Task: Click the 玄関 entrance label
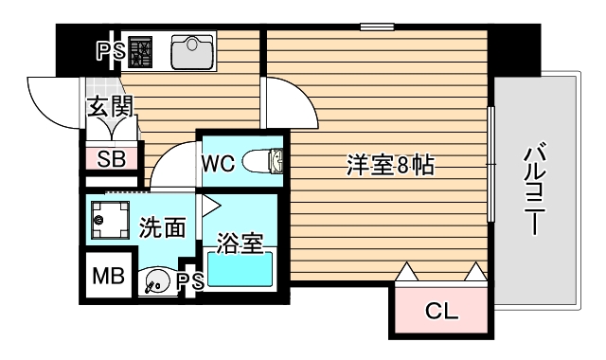click(110, 106)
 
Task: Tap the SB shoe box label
click(112, 158)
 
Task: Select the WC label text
click(216, 163)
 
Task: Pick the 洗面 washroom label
click(161, 227)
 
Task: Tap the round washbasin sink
click(154, 281)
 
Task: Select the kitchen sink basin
click(192, 52)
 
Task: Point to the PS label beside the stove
click(110, 51)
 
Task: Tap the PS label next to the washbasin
click(190, 280)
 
